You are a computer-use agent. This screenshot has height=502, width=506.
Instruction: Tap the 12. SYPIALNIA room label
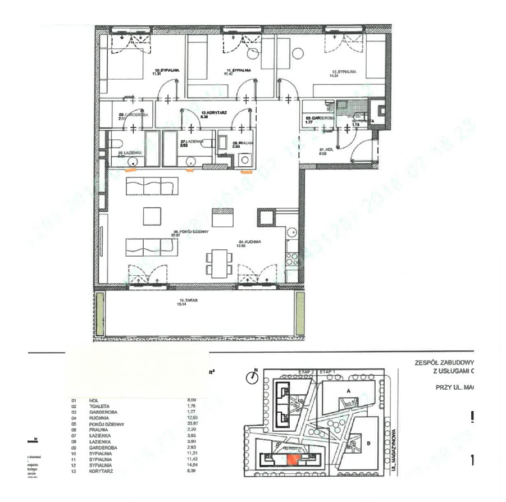point(342,71)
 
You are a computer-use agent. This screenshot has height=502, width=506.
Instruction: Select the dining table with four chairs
point(218,262)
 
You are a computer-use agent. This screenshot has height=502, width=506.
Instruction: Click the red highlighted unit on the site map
point(293,459)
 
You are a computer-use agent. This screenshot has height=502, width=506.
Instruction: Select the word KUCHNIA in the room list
point(99,417)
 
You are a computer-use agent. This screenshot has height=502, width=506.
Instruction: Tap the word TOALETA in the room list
point(99,406)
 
